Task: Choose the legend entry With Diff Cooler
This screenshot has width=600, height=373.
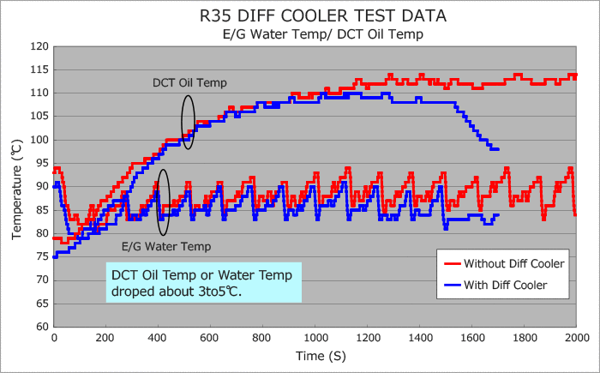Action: [x=505, y=285]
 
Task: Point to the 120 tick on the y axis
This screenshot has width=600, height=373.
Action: [x=39, y=46]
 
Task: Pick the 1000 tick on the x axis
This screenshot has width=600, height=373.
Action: [x=315, y=338]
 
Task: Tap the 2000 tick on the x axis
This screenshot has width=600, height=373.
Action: [x=576, y=338]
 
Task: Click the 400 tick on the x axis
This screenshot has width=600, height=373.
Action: [x=159, y=338]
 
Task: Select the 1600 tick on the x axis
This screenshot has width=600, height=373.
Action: [x=472, y=338]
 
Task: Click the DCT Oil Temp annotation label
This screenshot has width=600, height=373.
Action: [x=183, y=82]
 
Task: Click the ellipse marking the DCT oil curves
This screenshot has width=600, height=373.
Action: [x=189, y=122]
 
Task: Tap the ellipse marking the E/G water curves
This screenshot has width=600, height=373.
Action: [x=164, y=202]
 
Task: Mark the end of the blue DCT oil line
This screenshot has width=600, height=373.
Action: [x=497, y=149]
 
